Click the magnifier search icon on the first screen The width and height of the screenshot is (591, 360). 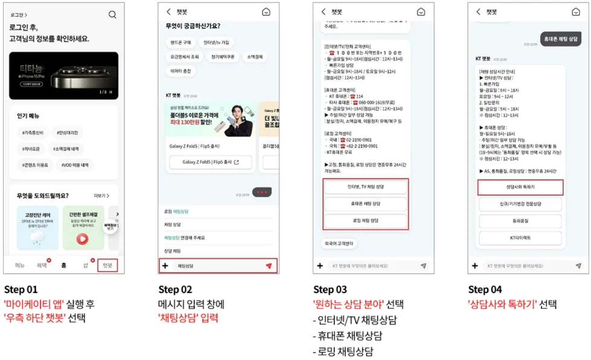(112, 14)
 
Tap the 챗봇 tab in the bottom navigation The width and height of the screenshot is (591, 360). (107, 265)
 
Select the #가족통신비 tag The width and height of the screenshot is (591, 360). (33, 133)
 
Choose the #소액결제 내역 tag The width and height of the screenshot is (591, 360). (70, 148)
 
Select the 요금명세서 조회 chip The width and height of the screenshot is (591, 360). (184, 57)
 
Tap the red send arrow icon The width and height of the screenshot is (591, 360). (269, 266)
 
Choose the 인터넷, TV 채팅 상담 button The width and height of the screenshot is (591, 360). (366, 188)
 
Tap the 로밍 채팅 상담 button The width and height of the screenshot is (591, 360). (366, 220)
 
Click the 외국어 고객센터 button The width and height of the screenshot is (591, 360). (338, 243)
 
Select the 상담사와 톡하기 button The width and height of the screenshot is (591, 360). (520, 188)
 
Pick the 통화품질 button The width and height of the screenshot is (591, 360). (520, 221)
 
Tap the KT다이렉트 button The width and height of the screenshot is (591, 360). (520, 238)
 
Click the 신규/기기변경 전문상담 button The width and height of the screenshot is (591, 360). (520, 205)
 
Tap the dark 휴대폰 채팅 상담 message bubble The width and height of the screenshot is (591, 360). (560, 38)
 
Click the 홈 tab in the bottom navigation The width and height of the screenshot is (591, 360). (63, 265)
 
